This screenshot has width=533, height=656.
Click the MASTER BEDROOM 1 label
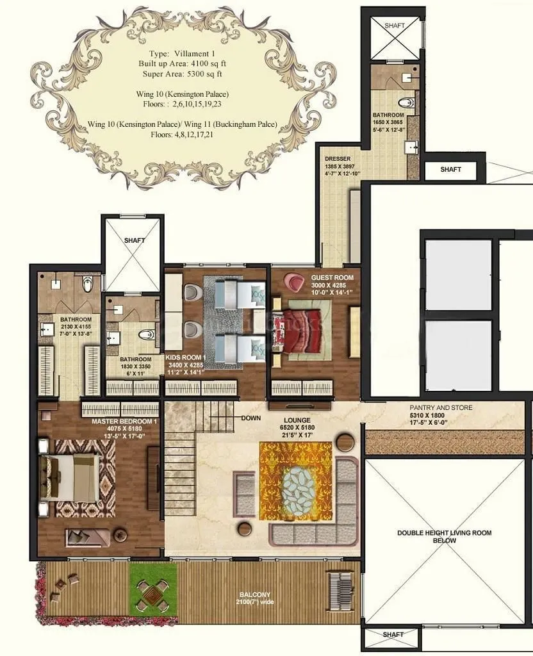pyautogui.click(x=124, y=421)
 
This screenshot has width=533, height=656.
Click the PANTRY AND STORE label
pyautogui.click(x=441, y=407)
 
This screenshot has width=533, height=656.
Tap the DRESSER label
pyautogui.click(x=337, y=158)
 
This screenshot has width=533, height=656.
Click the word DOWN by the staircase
pyautogui.click(x=250, y=418)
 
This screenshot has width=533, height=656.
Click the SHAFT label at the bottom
pyautogui.click(x=393, y=634)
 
